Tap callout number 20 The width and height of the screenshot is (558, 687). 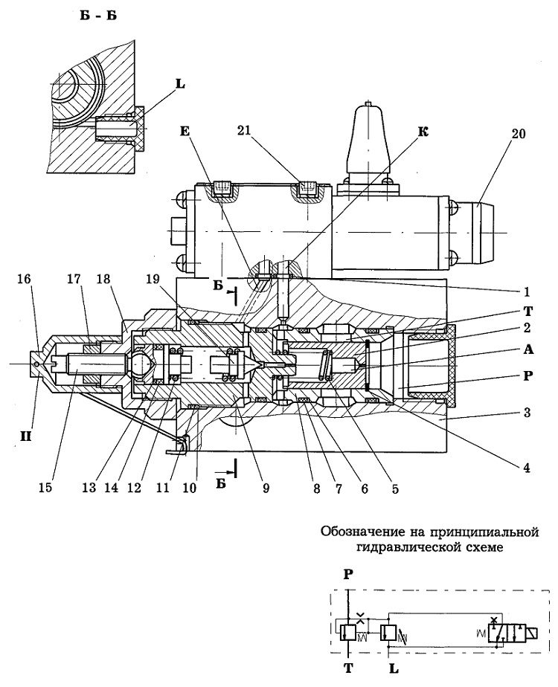tap(518, 134)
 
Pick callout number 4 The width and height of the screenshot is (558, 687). tap(527, 468)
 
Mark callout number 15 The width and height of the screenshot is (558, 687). tap(45, 488)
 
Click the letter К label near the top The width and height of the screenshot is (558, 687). tap(423, 132)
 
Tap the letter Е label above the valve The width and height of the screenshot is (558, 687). tap(185, 132)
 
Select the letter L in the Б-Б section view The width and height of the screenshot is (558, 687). tap(180, 84)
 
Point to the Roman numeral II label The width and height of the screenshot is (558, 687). tap(25, 436)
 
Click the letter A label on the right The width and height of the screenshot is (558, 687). tap(527, 349)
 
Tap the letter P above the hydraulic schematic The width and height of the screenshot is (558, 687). tap(348, 574)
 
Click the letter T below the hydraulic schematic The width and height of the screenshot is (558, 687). tap(348, 668)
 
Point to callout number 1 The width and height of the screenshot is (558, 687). tap(527, 291)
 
